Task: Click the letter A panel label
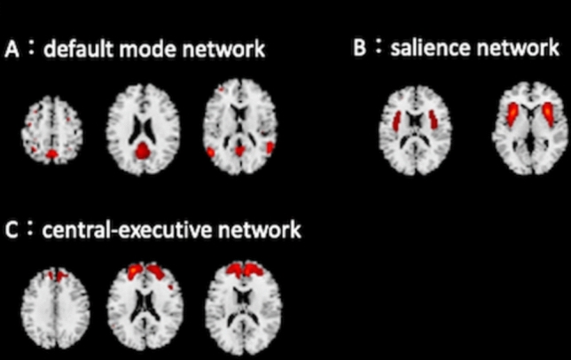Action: pos(13,50)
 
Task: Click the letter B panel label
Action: pos(360,48)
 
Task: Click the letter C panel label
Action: pos(12,231)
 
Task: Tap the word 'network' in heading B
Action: pos(516,48)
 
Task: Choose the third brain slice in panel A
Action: pos(239,131)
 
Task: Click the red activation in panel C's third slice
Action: pos(240,273)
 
